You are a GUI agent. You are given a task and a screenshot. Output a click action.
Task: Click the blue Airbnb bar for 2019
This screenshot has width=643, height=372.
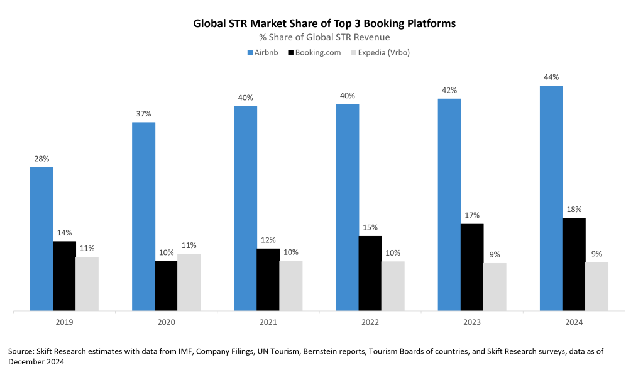[41, 239]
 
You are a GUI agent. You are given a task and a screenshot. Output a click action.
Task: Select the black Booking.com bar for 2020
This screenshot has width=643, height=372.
[166, 285]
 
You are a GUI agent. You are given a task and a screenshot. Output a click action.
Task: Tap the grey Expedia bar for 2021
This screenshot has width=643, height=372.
[291, 285]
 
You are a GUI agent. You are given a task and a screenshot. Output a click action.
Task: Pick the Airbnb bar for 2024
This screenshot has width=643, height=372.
[551, 198]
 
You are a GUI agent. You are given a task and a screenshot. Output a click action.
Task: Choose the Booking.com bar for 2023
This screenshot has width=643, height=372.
[472, 267]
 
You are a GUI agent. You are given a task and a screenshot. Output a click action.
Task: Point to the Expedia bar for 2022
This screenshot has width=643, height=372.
[393, 286]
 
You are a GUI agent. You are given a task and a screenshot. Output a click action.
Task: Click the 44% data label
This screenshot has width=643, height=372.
[551, 77]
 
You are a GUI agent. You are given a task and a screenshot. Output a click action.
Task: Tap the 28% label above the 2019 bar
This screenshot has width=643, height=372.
[41, 159]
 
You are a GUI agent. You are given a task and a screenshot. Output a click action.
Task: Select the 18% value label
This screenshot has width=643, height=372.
[574, 210]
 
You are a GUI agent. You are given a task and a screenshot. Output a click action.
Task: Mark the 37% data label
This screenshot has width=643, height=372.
[143, 114]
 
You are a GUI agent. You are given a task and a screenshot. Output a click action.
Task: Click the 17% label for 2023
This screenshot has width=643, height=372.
[472, 215]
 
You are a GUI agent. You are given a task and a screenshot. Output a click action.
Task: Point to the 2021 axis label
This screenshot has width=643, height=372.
[268, 322]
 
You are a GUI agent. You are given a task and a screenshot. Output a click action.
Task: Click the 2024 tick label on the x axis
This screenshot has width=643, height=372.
[574, 322]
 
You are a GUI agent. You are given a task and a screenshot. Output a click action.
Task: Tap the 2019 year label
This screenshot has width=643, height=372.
[64, 322]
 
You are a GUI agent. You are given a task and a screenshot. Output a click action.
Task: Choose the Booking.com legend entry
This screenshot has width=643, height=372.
[314, 52]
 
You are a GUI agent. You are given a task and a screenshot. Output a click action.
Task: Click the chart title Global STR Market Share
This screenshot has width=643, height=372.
[324, 23]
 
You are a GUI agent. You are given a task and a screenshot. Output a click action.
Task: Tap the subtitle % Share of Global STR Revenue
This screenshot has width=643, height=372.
[324, 37]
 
